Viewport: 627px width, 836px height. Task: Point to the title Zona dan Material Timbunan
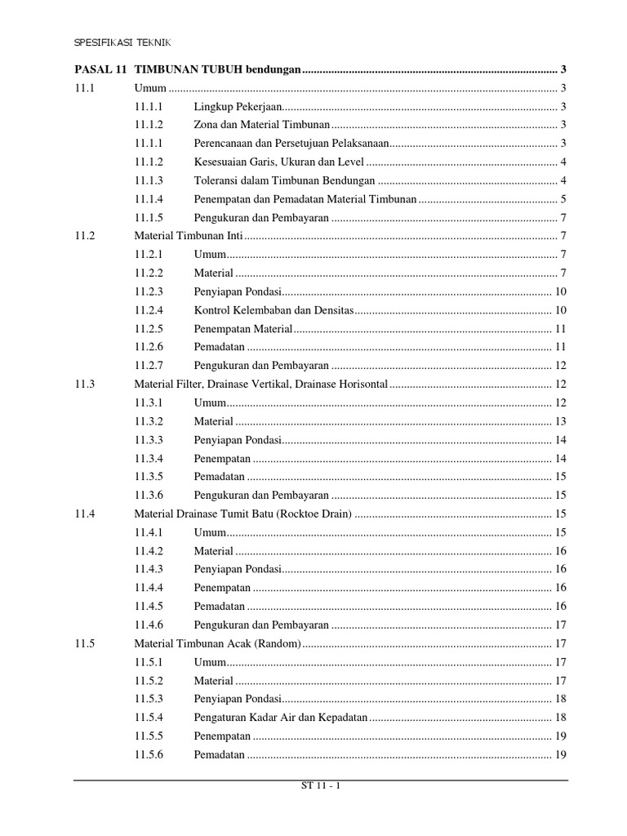[x=261, y=125]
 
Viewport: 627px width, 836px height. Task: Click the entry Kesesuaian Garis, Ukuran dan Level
[x=278, y=162]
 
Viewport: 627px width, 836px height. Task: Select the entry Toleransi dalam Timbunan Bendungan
[x=284, y=180]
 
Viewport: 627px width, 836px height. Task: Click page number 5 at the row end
[x=563, y=199]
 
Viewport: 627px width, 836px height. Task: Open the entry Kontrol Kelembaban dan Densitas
[x=274, y=310]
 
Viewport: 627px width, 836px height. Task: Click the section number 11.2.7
[x=149, y=366]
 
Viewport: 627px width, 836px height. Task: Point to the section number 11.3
[x=84, y=384]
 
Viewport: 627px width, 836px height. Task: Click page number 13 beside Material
[x=560, y=421]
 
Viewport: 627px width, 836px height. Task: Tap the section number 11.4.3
[x=149, y=569]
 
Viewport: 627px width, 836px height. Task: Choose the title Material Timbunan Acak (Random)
[x=218, y=643]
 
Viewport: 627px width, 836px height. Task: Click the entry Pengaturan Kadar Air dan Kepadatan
[x=281, y=718]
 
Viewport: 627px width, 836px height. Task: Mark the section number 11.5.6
[x=149, y=754]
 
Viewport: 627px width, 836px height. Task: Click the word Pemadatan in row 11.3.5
[x=219, y=477]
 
